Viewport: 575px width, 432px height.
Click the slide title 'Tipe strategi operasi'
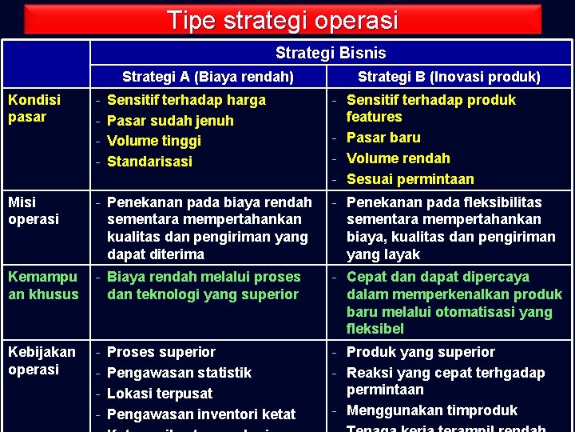[282, 20]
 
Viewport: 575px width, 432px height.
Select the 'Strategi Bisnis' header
[330, 53]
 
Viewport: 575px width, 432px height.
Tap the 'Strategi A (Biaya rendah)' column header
[208, 77]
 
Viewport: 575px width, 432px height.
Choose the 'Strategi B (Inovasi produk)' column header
[449, 77]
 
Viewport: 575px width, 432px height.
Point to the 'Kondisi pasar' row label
[34, 108]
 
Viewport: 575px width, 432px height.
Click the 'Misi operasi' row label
[34, 210]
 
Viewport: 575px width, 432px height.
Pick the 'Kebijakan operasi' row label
[42, 360]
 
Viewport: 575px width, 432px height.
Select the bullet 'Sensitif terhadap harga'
[185, 100]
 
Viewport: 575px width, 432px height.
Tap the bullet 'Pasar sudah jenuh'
[170, 121]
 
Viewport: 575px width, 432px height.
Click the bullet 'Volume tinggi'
[153, 141]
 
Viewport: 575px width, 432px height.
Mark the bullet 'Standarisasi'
[149, 161]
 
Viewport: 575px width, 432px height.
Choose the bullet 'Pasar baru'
[383, 138]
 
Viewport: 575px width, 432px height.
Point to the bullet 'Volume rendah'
[398, 158]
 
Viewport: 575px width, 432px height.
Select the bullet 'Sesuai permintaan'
[410, 178]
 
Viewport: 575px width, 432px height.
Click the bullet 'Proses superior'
[161, 352]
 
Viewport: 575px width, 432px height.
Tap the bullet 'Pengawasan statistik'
[179, 373]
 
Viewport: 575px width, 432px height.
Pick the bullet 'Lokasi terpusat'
[160, 394]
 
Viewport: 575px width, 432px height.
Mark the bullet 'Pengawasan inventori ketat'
[200, 414]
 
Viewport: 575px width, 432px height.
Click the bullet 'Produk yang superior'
[420, 352]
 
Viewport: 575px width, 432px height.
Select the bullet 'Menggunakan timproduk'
[431, 410]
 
